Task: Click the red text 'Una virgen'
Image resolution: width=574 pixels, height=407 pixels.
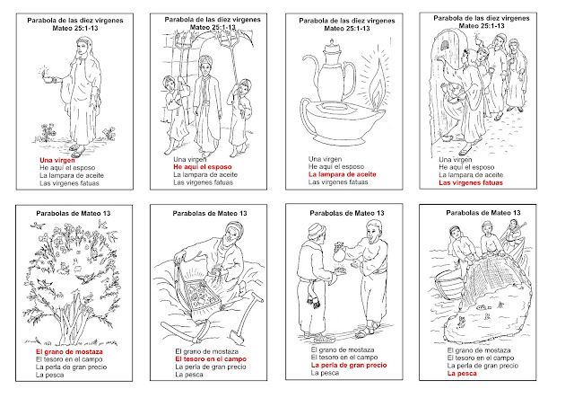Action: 57,160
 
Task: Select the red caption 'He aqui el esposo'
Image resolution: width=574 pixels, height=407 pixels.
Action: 203,167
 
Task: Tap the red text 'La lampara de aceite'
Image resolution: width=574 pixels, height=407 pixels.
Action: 343,174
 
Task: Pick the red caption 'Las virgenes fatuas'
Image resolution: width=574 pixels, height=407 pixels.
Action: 471,182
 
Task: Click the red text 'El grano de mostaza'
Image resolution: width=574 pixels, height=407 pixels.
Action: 69,352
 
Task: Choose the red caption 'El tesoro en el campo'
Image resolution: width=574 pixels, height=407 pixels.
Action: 211,359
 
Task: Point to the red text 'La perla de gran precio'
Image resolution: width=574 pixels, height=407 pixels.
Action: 349,365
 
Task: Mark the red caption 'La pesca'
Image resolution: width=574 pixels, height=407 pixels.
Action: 462,374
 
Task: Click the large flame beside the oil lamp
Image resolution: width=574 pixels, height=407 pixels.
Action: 377,86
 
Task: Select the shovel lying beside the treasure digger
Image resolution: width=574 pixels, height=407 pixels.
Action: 247,316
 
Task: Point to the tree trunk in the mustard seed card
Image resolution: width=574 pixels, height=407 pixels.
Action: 72,323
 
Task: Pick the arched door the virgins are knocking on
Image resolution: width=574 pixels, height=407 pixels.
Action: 444,88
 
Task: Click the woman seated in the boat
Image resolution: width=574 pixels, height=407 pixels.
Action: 514,234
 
